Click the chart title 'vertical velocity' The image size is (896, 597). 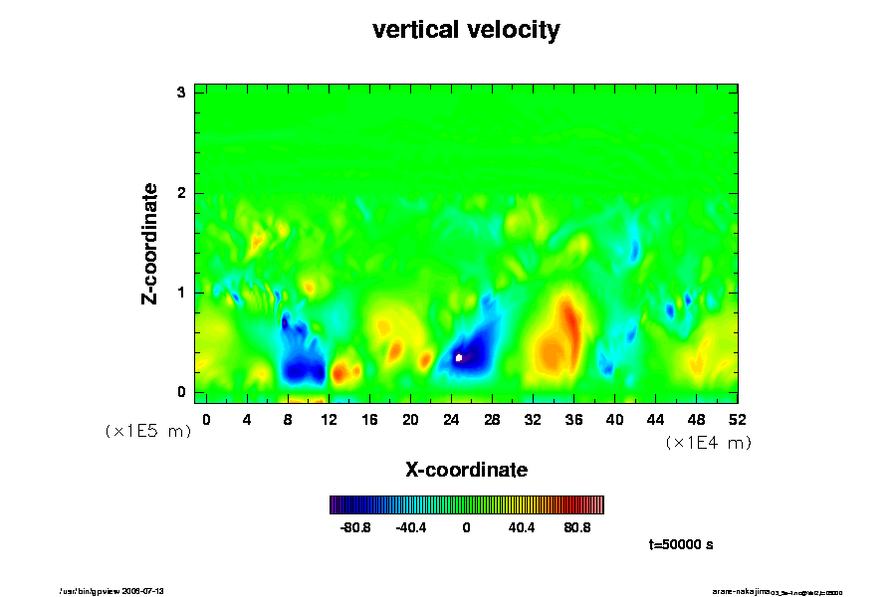466,31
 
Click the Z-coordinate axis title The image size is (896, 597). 150,243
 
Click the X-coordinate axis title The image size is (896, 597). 466,469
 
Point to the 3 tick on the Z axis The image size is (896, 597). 182,93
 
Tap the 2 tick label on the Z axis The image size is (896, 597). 182,193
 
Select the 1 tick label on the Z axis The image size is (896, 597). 182,293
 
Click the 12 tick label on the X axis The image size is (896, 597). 329,420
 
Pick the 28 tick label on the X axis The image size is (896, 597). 492,420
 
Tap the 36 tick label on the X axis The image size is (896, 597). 573,420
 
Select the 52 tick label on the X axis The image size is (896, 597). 737,420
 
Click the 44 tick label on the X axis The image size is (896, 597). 655,420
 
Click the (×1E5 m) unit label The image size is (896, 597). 148,431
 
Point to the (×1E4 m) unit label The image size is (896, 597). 708,443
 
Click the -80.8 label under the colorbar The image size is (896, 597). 355,527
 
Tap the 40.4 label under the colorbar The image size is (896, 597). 522,527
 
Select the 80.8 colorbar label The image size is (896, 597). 577,527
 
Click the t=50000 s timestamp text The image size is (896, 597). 680,545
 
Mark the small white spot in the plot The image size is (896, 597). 459,356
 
